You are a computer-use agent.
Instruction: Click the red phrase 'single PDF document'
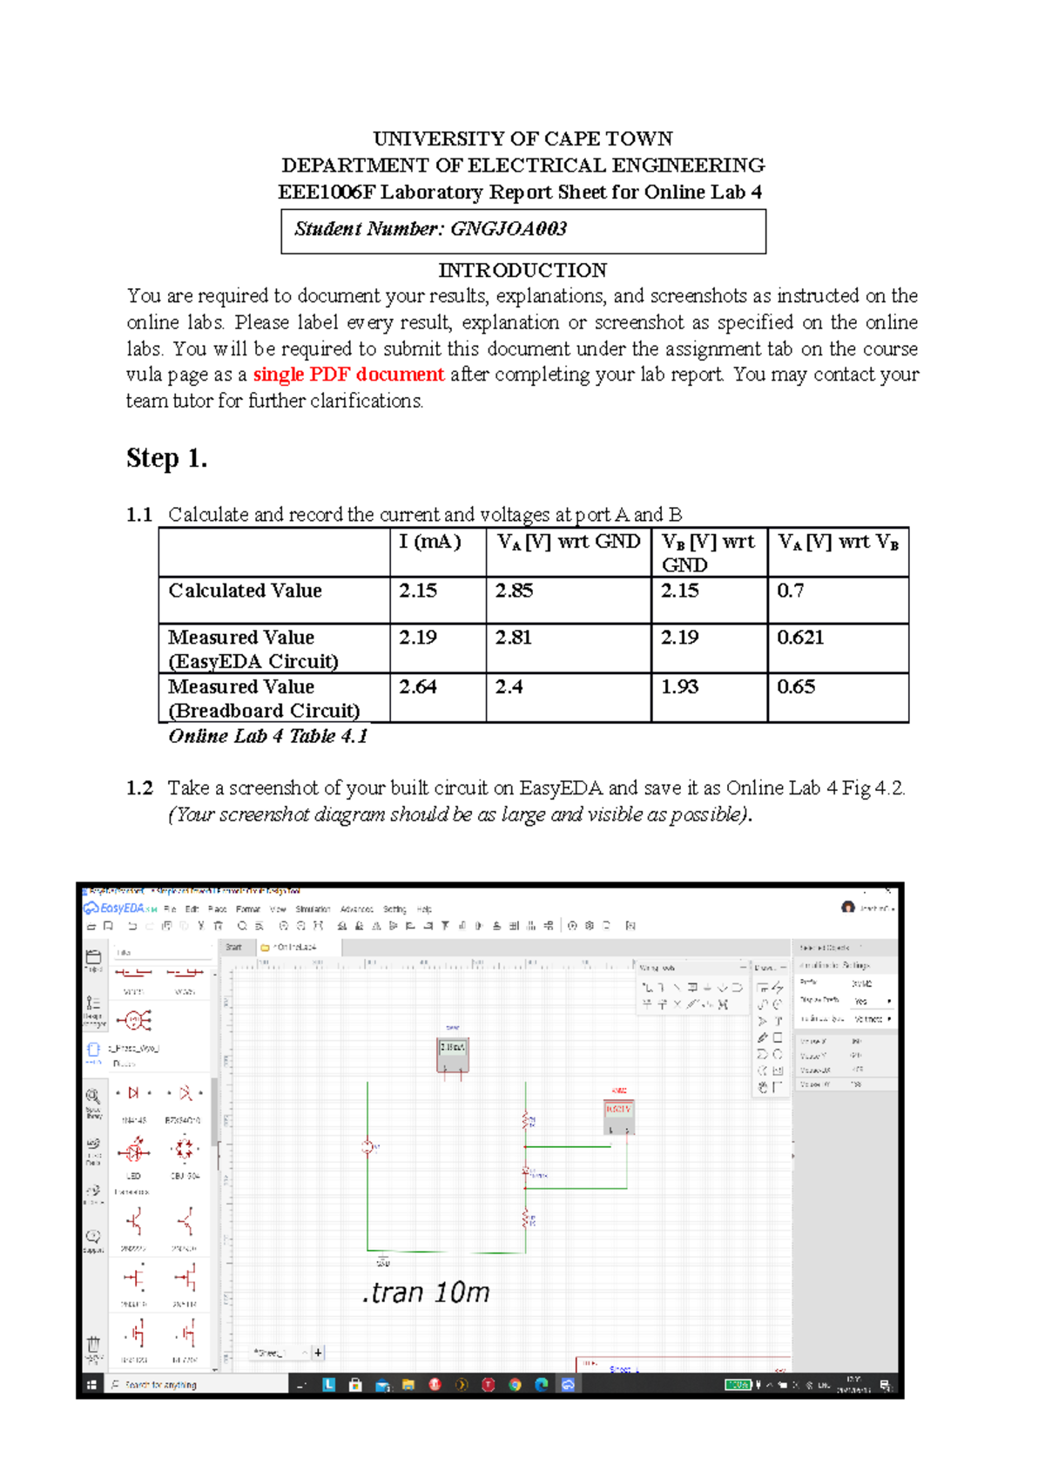tap(348, 375)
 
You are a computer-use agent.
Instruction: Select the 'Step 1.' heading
tap(166, 458)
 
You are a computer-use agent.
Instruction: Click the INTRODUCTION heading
tap(522, 270)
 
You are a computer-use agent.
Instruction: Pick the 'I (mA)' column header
tap(429, 542)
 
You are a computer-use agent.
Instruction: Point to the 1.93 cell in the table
tap(679, 687)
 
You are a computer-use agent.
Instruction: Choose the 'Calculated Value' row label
tap(245, 591)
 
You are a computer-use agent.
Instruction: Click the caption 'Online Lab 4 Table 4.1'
tap(267, 736)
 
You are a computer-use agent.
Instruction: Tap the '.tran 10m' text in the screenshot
tap(426, 1292)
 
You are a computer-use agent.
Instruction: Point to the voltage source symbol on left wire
tap(368, 1147)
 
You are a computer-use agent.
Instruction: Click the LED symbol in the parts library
tap(134, 1151)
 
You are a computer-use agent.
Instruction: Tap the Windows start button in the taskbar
tap(91, 1384)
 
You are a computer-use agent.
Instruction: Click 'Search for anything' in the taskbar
tap(161, 1384)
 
